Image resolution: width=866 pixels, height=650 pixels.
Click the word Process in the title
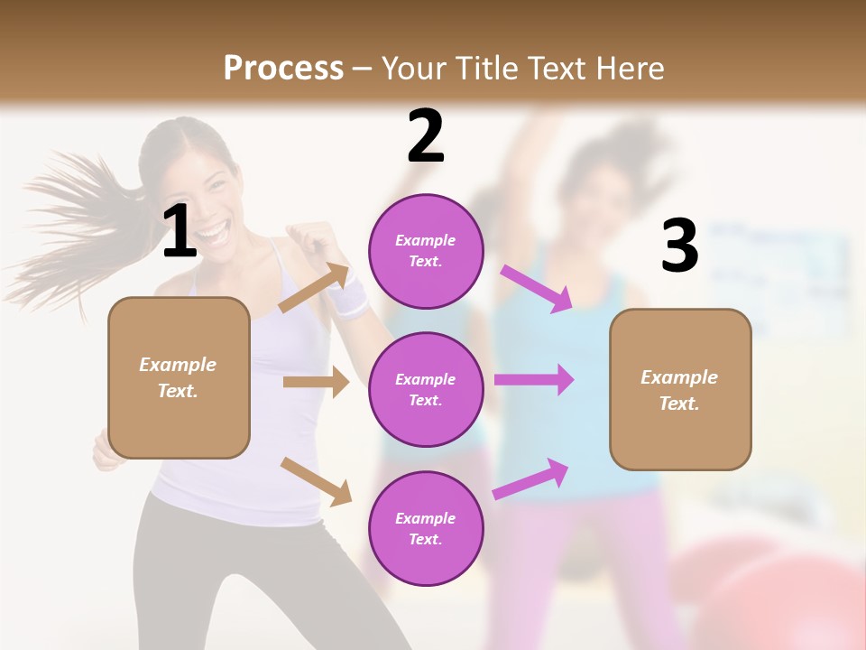283,68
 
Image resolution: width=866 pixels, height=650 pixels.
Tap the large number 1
180,231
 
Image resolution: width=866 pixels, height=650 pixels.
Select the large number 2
426,136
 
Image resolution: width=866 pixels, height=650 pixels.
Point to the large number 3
679,246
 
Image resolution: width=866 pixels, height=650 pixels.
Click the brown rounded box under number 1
179,377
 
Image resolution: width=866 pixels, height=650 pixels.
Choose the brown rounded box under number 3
680,389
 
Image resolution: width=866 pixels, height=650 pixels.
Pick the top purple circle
426,251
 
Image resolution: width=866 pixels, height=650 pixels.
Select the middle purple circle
426,389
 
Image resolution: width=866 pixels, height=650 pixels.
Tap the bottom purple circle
426,528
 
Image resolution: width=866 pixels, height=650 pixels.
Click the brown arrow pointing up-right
314,288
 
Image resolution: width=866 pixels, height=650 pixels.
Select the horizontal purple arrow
533,379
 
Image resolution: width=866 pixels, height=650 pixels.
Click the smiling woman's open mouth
211,234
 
